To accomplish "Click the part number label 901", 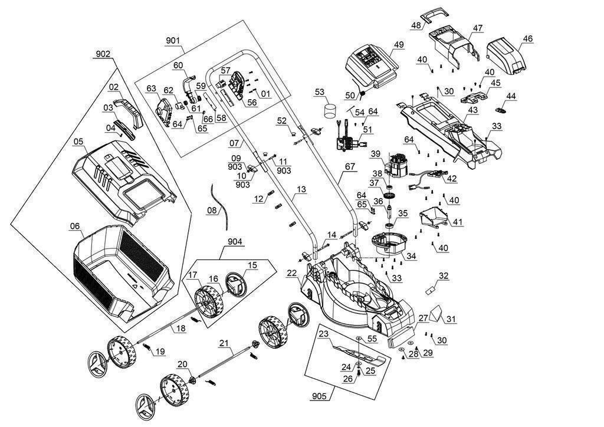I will coord(173,41).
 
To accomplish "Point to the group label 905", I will coord(320,396).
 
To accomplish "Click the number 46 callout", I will coord(527,39).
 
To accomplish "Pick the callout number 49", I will coord(399,45).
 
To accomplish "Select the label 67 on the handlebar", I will coord(351,167).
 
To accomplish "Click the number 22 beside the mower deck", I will coord(291,273).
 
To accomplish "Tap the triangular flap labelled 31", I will coord(438,312).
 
